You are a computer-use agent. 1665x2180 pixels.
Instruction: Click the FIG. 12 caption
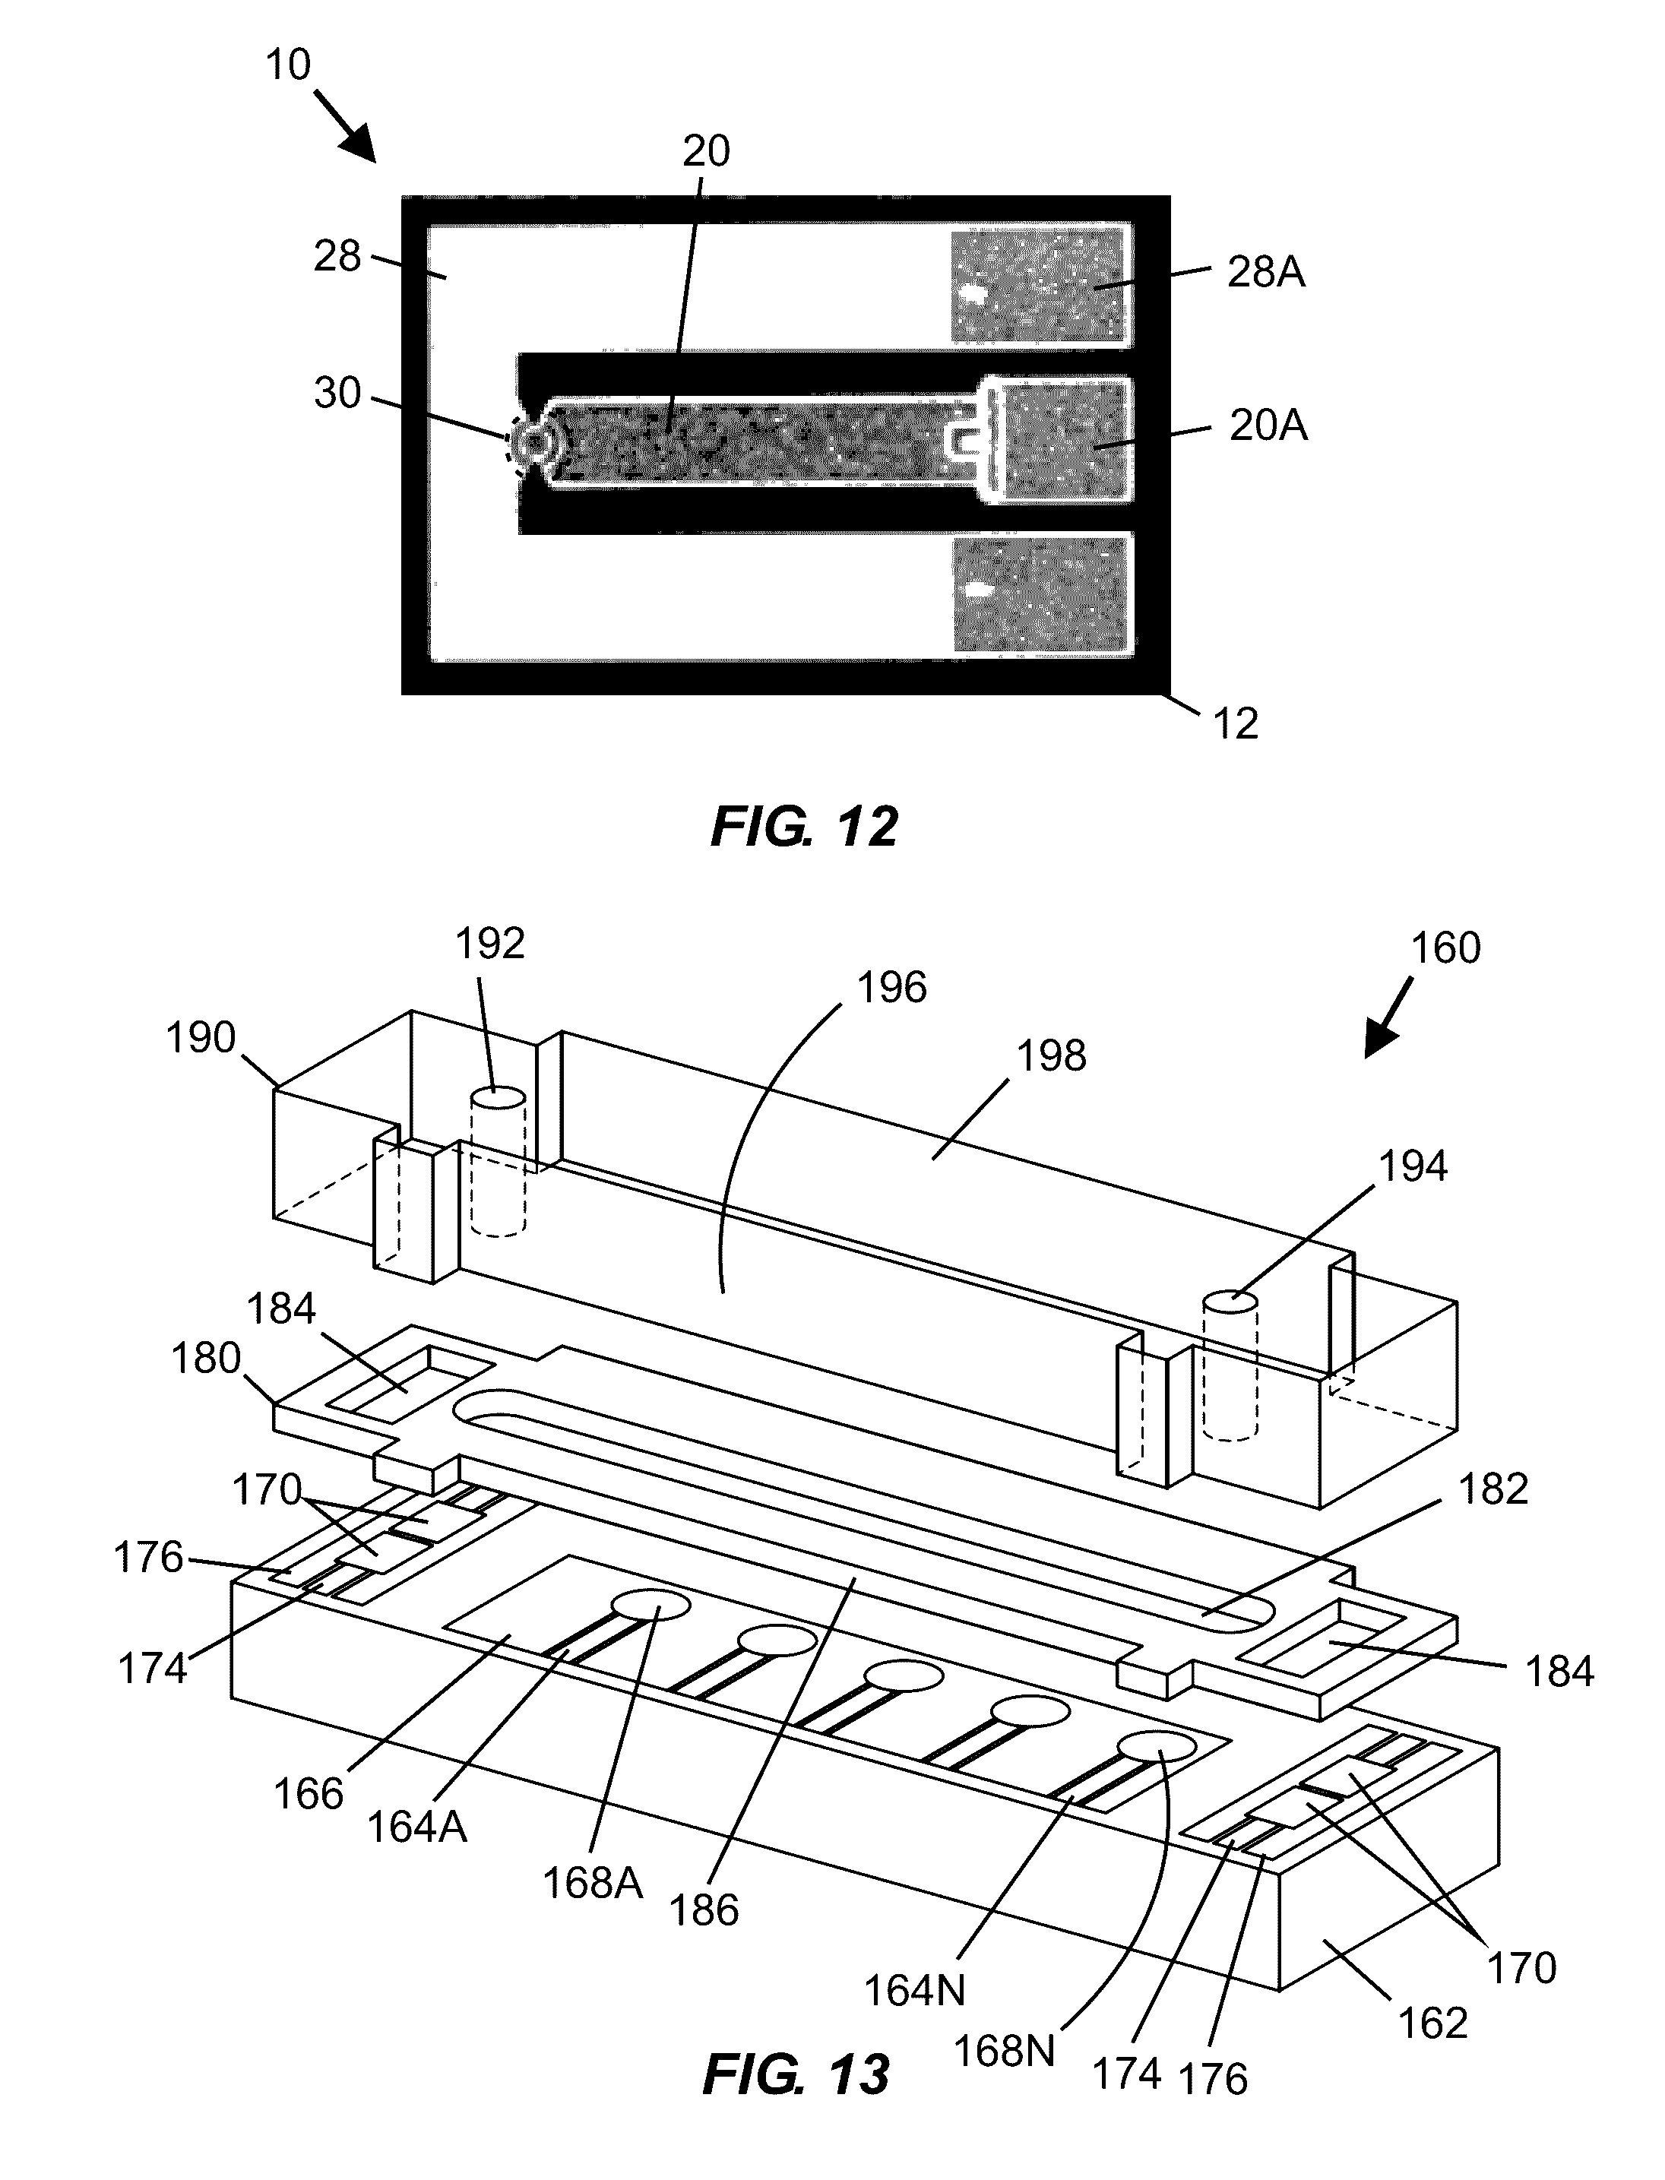[x=804, y=827]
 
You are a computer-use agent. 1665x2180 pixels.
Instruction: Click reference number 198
[x=1052, y=1056]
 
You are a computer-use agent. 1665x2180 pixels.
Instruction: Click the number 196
[x=892, y=988]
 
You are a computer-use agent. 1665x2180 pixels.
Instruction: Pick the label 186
[x=704, y=1910]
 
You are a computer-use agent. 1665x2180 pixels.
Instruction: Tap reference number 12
[x=1236, y=724]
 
